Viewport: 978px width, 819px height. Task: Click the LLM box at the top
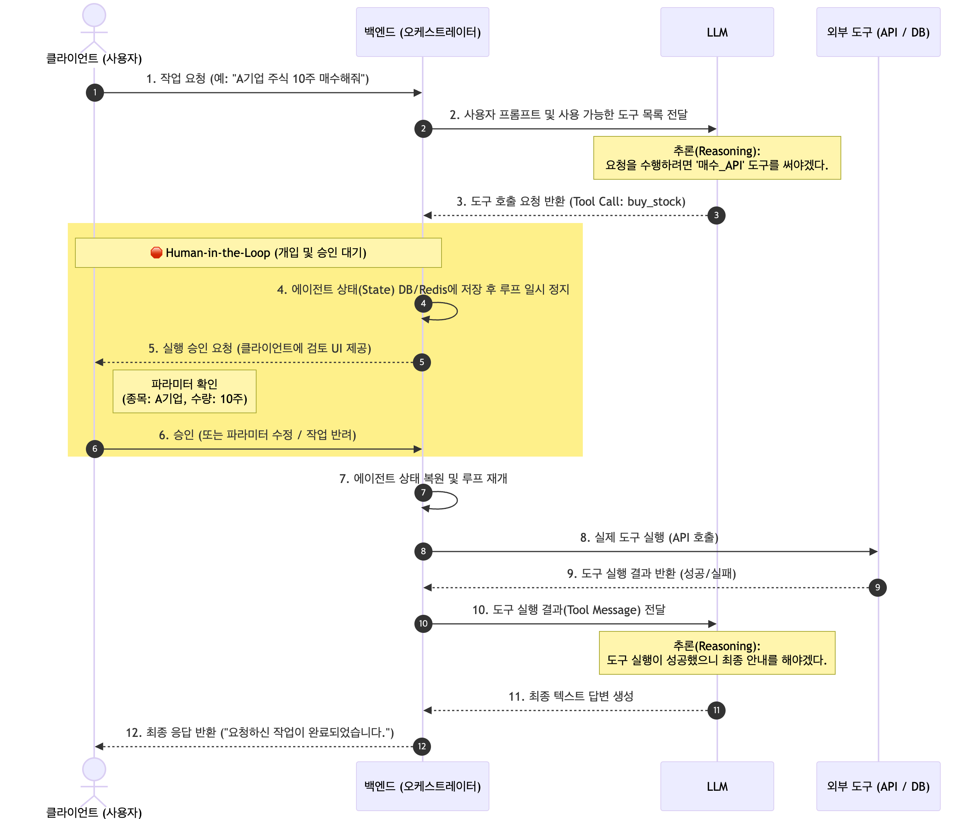pyautogui.click(x=717, y=32)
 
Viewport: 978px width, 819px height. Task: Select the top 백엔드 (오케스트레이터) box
pyautogui.click(x=422, y=32)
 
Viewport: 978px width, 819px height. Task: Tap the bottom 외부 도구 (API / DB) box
pyautogui.click(x=878, y=786)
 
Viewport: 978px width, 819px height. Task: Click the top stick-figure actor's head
pyautogui.click(x=94, y=15)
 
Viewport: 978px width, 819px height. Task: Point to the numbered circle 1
pyautogui.click(x=95, y=93)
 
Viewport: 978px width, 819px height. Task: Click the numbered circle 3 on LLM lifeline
pyautogui.click(x=716, y=215)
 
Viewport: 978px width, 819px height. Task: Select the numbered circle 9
pyautogui.click(x=877, y=588)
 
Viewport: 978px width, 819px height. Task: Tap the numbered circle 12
pyautogui.click(x=422, y=746)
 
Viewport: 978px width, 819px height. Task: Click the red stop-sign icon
pyautogui.click(x=156, y=253)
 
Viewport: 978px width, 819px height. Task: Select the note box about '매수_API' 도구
pyautogui.click(x=717, y=158)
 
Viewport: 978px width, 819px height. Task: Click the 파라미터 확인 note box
pyautogui.click(x=185, y=391)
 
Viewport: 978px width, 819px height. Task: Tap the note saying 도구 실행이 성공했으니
pyautogui.click(x=717, y=653)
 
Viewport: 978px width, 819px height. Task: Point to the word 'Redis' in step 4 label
pyautogui.click(x=433, y=290)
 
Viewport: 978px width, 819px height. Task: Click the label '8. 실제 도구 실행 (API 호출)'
pyautogui.click(x=649, y=537)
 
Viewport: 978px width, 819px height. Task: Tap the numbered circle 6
pyautogui.click(x=95, y=449)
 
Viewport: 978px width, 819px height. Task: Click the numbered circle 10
pyautogui.click(x=423, y=623)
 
